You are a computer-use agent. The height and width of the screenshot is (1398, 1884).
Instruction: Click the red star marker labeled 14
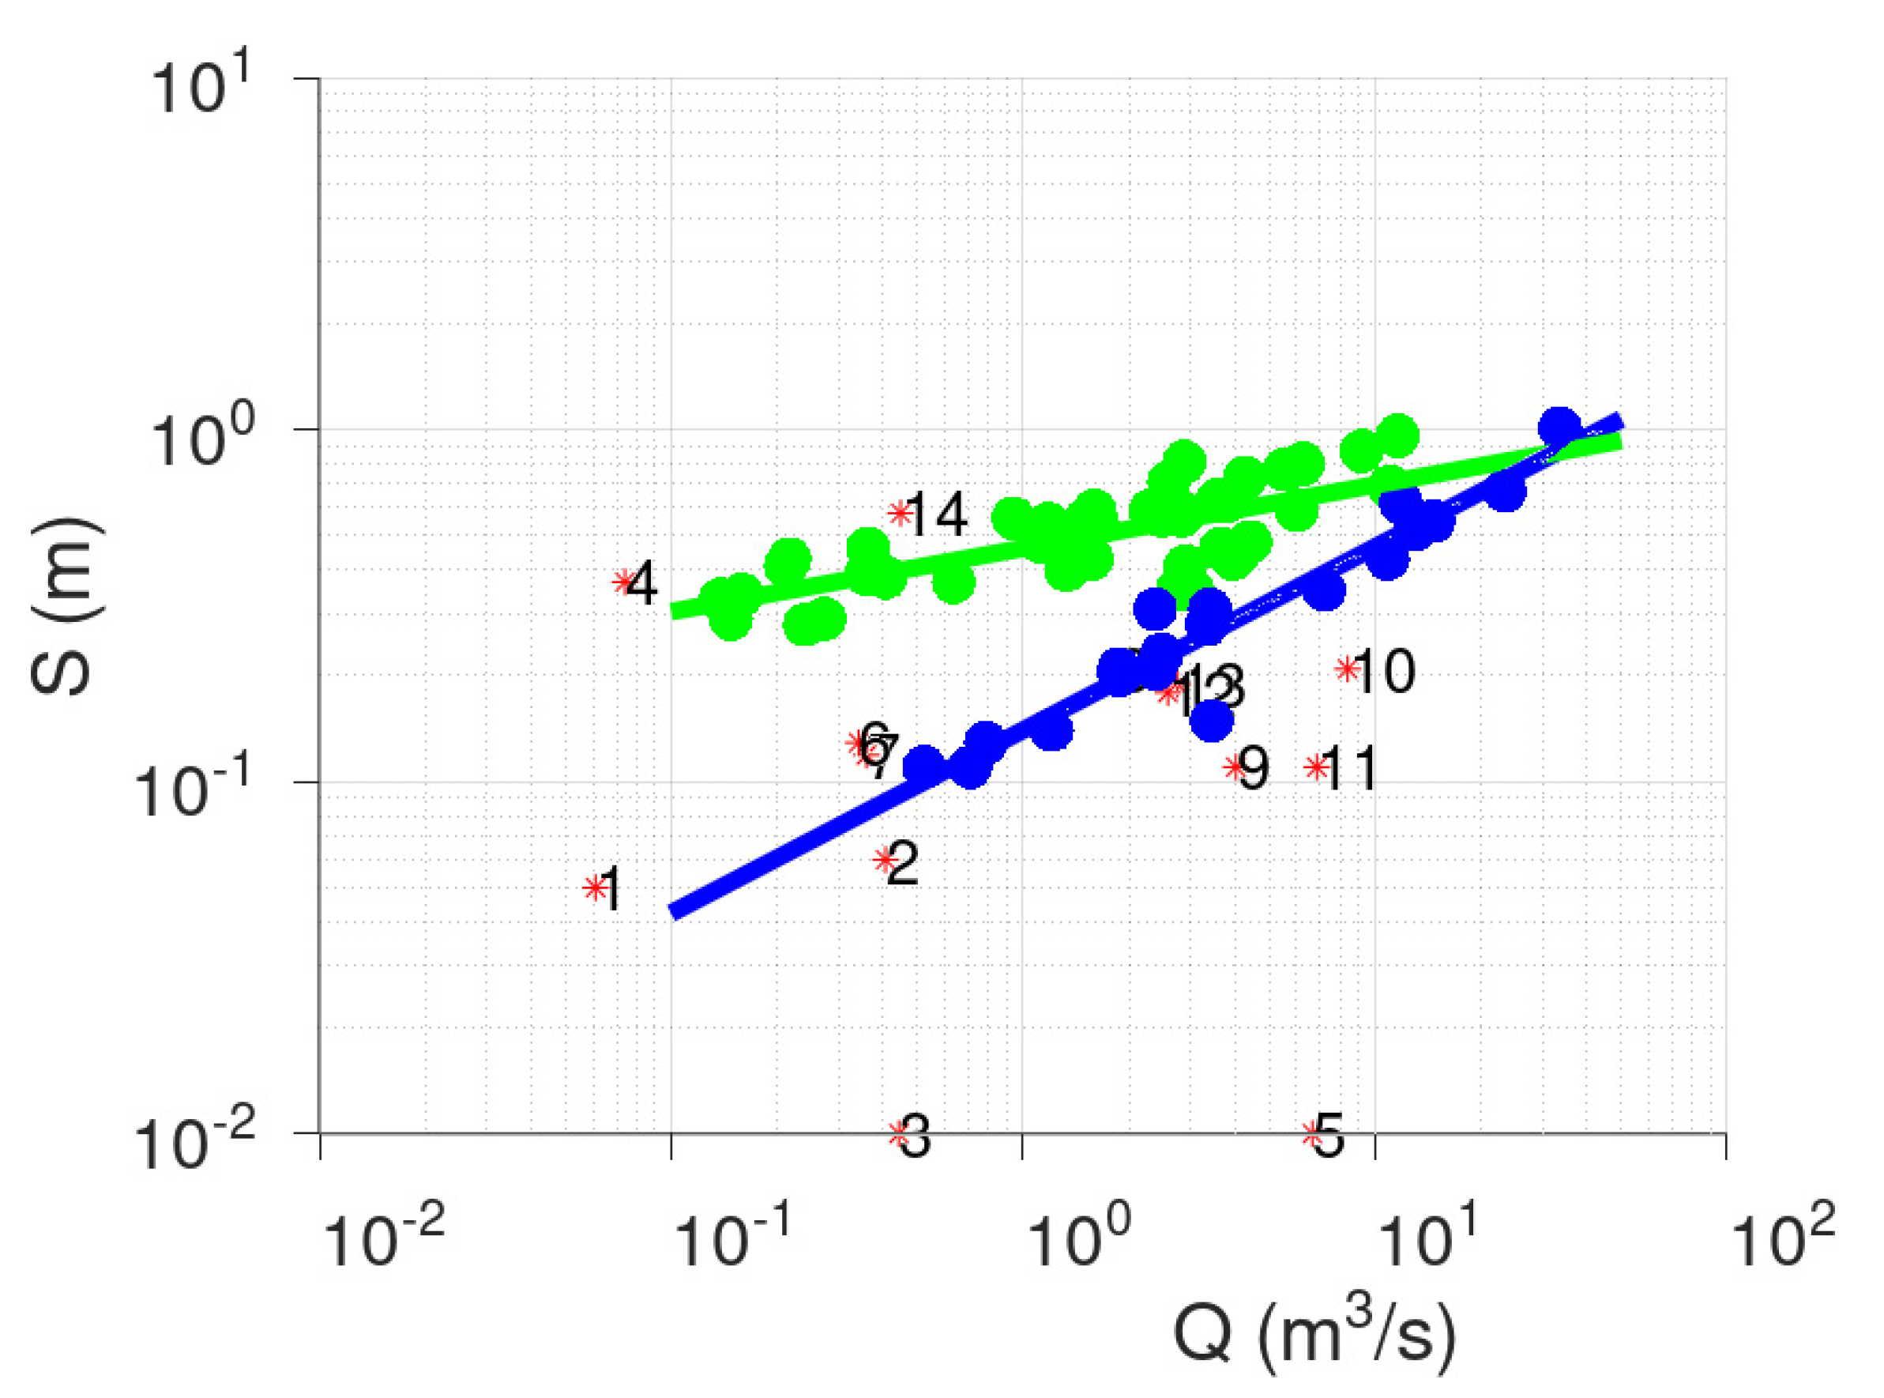click(x=899, y=513)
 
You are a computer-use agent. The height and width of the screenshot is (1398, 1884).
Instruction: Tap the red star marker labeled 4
click(x=625, y=582)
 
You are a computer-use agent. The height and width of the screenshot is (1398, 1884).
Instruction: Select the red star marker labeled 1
click(x=596, y=887)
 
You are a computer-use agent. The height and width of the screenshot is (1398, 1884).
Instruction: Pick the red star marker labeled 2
click(x=885, y=860)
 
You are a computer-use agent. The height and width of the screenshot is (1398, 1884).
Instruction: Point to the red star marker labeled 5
click(x=1312, y=1134)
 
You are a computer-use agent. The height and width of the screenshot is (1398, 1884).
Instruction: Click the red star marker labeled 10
click(x=1346, y=669)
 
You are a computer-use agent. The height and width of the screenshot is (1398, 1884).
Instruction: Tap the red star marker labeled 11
click(x=1315, y=767)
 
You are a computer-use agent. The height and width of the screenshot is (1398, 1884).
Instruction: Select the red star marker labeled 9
click(x=1235, y=767)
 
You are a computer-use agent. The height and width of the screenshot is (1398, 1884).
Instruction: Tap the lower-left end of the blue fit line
click(x=675, y=910)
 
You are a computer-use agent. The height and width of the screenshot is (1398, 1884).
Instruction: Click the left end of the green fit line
click(x=675, y=610)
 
